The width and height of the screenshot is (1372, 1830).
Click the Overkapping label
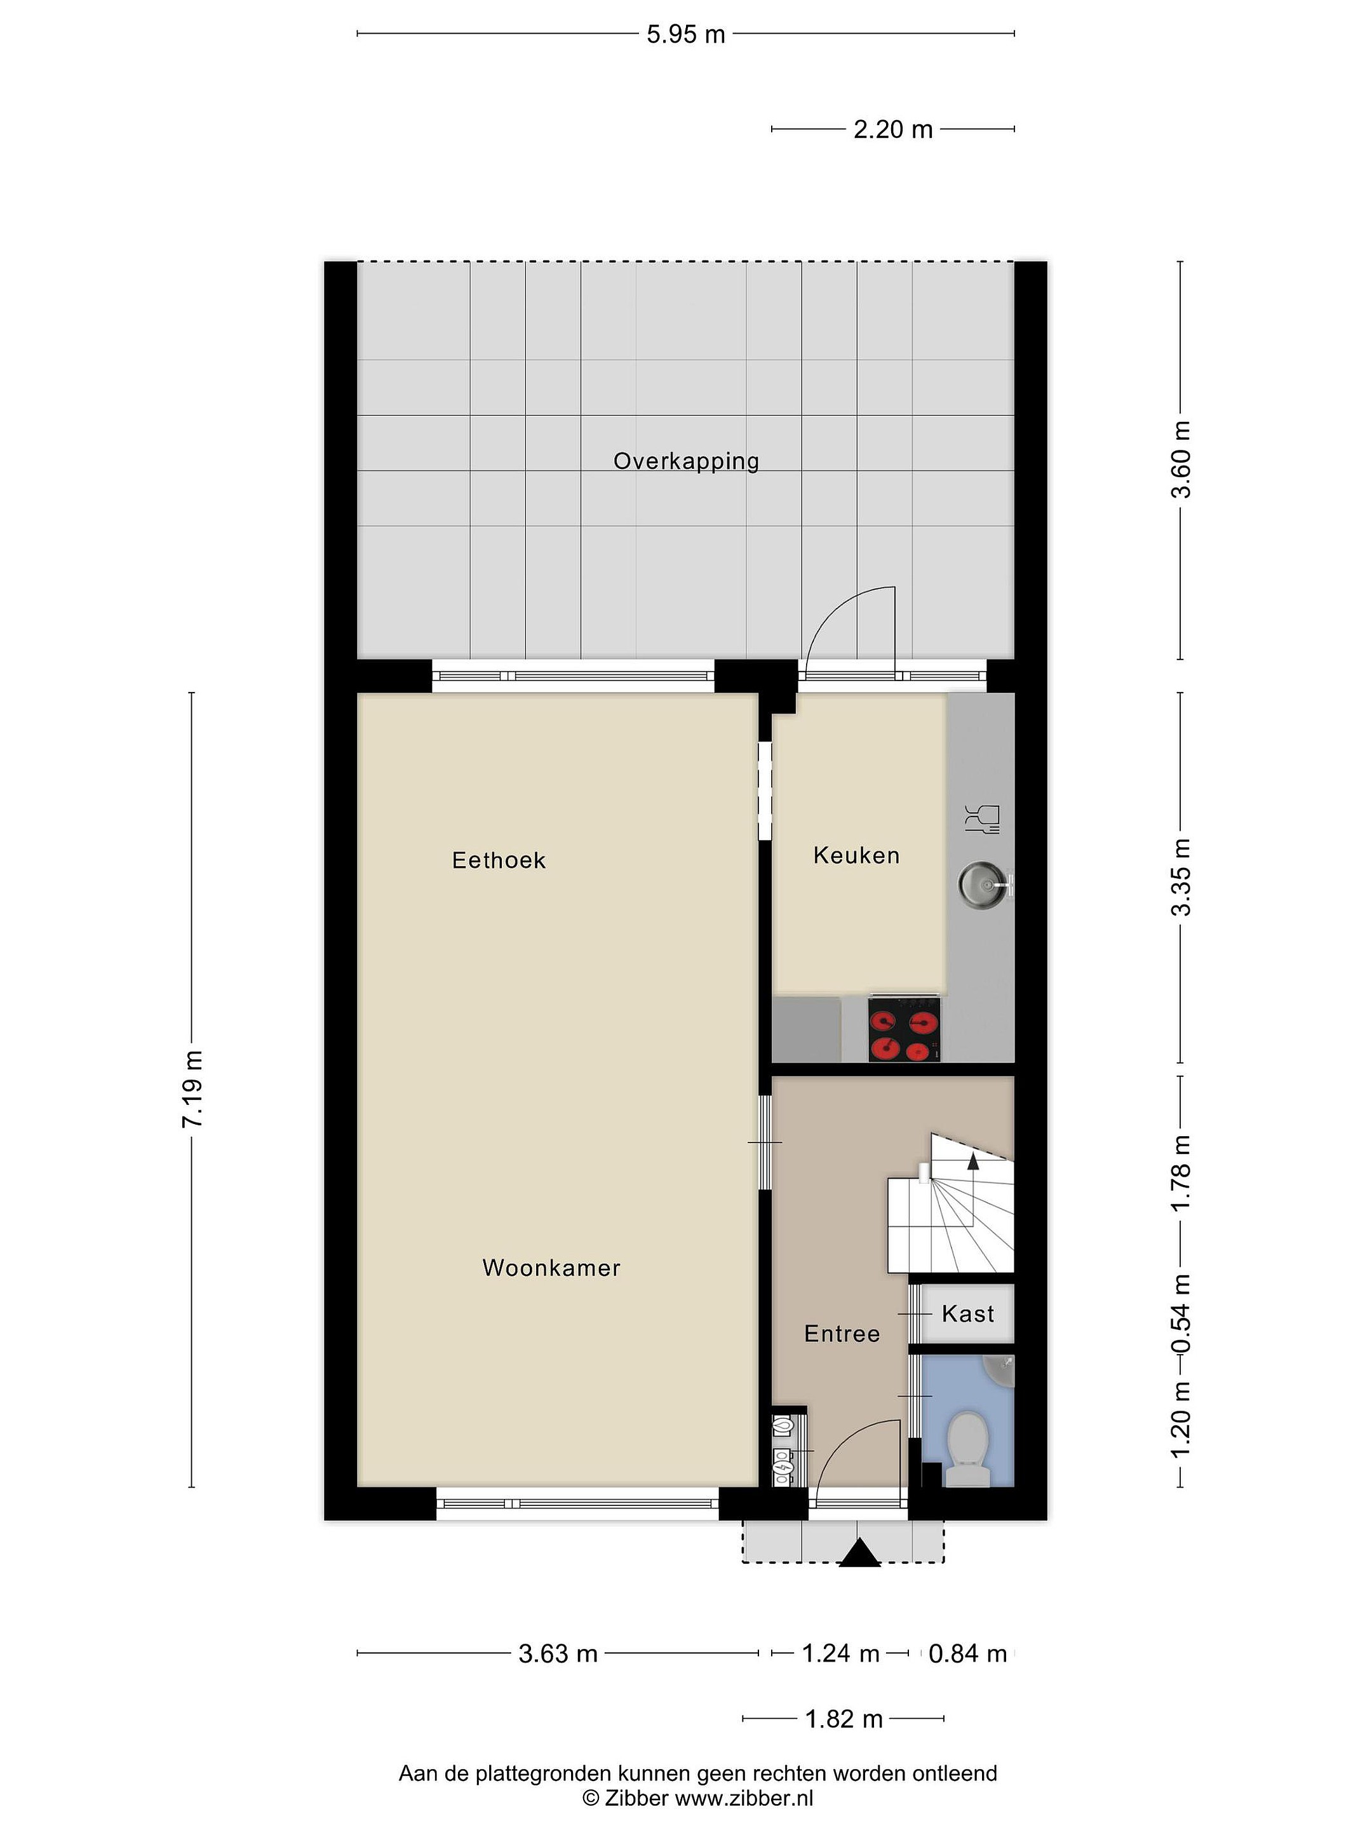coord(685,462)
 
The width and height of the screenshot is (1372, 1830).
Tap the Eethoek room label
coord(499,860)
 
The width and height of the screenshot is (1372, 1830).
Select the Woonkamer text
coord(551,1268)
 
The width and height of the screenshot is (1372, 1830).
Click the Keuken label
coord(856,855)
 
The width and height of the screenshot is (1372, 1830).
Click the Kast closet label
coord(967,1314)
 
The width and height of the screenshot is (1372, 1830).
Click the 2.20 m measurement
coord(893,129)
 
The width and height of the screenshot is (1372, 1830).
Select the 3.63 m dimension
coord(558,1654)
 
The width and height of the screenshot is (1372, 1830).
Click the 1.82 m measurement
coord(844,1719)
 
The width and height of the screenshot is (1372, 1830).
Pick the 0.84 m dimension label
coord(967,1654)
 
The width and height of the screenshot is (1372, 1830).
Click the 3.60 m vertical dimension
coord(1181,460)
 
